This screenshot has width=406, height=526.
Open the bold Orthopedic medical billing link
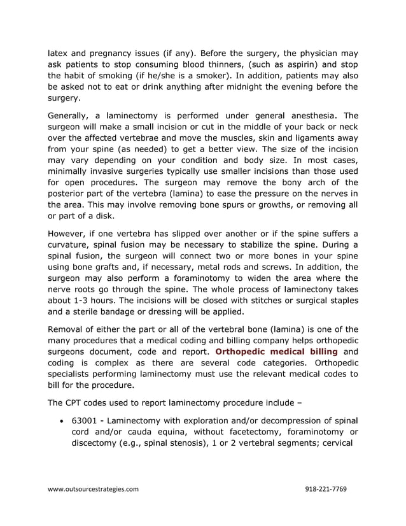coord(277,352)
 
